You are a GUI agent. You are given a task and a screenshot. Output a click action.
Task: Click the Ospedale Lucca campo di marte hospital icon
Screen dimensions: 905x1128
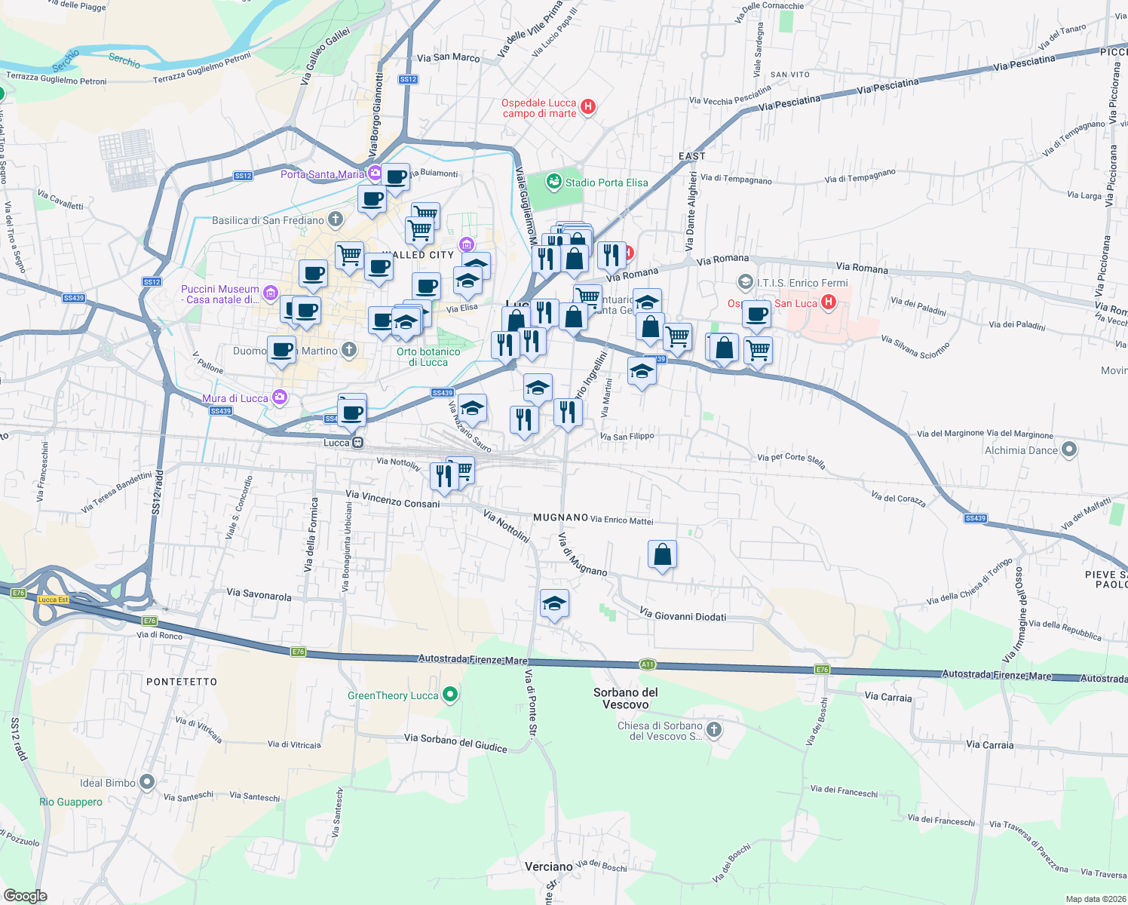click(x=589, y=107)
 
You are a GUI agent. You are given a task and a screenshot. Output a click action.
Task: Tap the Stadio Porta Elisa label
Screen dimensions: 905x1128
click(x=606, y=183)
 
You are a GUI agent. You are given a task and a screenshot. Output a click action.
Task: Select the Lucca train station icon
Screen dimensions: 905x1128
click(x=358, y=443)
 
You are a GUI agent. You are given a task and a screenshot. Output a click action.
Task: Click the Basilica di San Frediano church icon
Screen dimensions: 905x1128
click(x=336, y=220)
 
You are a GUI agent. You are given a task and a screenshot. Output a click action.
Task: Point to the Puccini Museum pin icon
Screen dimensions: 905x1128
click(x=271, y=293)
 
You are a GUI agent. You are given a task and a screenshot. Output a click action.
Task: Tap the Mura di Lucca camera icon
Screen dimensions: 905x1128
click(x=280, y=397)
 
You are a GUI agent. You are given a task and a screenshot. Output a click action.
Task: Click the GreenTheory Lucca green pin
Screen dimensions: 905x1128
click(x=450, y=695)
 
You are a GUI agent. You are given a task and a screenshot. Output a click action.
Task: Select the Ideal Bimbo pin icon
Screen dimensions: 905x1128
click(x=147, y=782)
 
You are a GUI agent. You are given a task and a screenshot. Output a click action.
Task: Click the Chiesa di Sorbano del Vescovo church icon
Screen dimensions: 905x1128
click(x=714, y=729)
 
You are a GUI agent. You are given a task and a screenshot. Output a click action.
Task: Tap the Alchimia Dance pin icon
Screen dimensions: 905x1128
click(x=1069, y=450)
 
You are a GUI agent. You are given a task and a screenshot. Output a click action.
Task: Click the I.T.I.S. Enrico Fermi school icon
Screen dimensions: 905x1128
click(x=745, y=283)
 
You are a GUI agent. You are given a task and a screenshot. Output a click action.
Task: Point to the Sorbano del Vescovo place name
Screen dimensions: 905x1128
click(x=626, y=698)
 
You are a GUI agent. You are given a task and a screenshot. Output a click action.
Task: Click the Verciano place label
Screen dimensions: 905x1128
click(x=548, y=867)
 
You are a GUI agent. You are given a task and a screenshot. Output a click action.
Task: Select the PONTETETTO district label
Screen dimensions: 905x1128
click(x=182, y=681)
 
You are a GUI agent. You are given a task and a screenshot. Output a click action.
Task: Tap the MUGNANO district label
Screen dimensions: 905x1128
click(x=560, y=517)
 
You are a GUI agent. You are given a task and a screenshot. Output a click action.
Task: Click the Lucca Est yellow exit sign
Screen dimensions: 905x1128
click(x=53, y=600)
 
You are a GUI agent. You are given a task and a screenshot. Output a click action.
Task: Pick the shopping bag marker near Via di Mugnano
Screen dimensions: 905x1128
click(x=662, y=555)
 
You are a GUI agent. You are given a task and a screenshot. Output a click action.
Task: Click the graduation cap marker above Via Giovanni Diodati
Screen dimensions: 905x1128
click(x=554, y=603)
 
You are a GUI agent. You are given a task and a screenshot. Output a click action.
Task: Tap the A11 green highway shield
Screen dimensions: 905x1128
click(x=647, y=664)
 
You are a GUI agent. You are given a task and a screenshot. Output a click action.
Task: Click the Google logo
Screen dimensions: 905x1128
click(x=26, y=896)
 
